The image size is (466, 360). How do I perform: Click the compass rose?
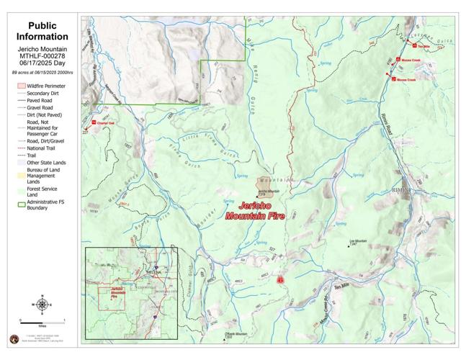42,304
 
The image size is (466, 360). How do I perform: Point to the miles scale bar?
42,320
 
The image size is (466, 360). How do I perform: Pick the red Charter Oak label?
106,123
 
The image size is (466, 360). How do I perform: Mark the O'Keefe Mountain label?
236,334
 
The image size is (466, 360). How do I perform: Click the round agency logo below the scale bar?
14,338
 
